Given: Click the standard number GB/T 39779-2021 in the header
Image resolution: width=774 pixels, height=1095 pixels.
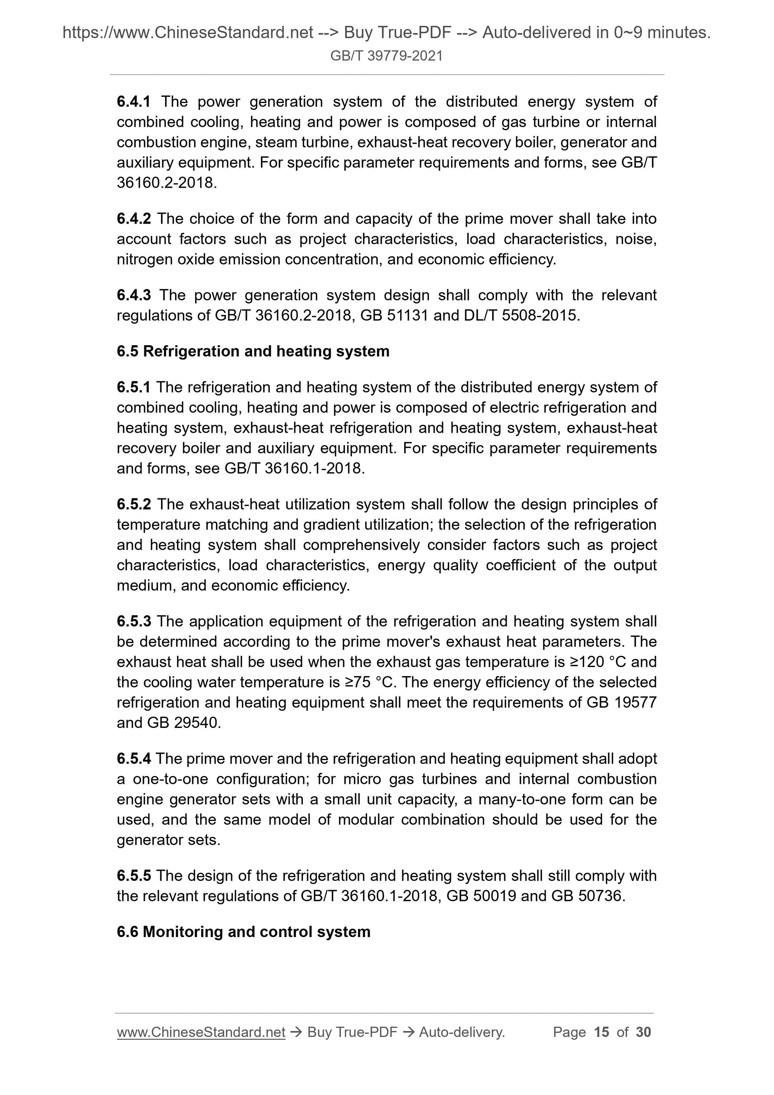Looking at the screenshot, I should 386,56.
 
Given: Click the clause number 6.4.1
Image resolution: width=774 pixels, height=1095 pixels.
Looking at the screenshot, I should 134,101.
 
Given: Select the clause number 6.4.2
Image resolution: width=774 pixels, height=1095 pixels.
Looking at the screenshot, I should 134,219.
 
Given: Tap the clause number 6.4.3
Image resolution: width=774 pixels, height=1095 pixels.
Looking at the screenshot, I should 134,295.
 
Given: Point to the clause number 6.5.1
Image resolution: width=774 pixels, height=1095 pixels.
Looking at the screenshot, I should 134,387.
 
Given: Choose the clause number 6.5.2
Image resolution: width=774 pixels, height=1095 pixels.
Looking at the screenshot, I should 134,504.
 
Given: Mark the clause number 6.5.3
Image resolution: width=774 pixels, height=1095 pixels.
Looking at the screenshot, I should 134,621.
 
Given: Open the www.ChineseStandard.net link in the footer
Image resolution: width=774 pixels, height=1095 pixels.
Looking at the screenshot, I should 201,1033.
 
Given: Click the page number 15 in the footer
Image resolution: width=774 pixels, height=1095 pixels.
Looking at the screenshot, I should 601,1033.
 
